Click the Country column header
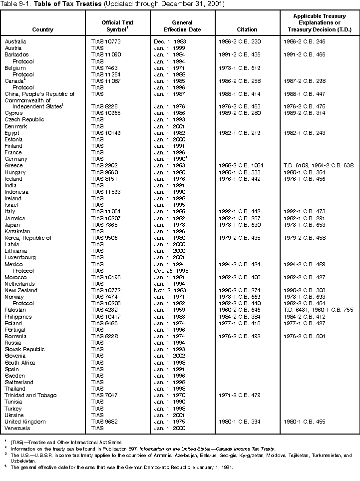[43, 29]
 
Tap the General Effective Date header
[182, 26]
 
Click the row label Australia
[15, 41]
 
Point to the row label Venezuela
[17, 428]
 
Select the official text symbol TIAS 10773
[106, 41]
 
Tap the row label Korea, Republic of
[28, 238]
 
